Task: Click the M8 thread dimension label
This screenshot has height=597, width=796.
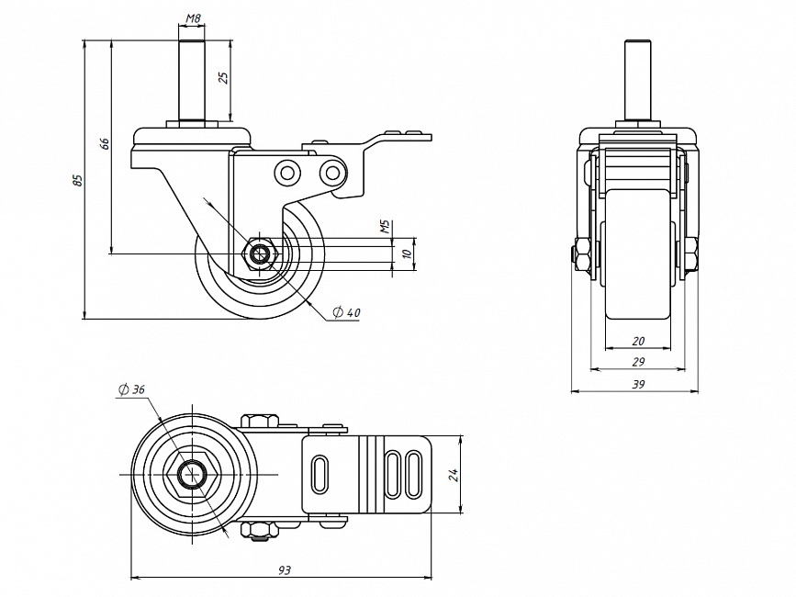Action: click(193, 18)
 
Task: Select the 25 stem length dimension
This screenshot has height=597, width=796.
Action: click(222, 77)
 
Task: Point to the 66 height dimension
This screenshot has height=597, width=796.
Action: click(105, 143)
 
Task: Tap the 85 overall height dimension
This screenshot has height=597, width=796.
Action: click(78, 180)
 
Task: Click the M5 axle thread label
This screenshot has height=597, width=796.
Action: click(386, 225)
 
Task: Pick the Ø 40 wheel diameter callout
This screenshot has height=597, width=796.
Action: click(347, 313)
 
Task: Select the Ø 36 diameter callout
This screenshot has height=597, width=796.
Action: click(132, 389)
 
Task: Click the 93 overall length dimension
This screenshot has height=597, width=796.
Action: click(284, 571)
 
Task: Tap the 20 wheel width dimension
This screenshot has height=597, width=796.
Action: click(638, 342)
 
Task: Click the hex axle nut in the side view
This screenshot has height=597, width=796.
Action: click(261, 253)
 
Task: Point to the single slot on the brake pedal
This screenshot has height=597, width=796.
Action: click(320, 473)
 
